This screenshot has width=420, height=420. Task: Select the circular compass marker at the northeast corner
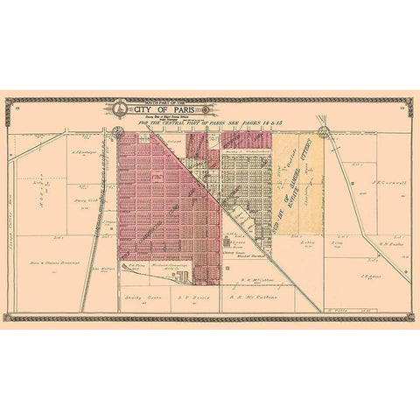(324, 133)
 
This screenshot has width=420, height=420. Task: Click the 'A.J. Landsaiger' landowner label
(81, 151)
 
